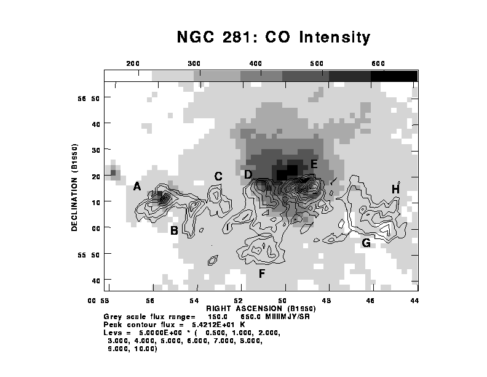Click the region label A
[137, 187]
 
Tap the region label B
[174, 231]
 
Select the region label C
[218, 176]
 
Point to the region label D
[248, 174]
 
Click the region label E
[314, 164]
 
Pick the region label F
[262, 273]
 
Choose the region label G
[366, 243]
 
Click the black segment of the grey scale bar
[394, 75]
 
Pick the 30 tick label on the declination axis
[96, 150]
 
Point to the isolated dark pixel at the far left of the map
[113, 173]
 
